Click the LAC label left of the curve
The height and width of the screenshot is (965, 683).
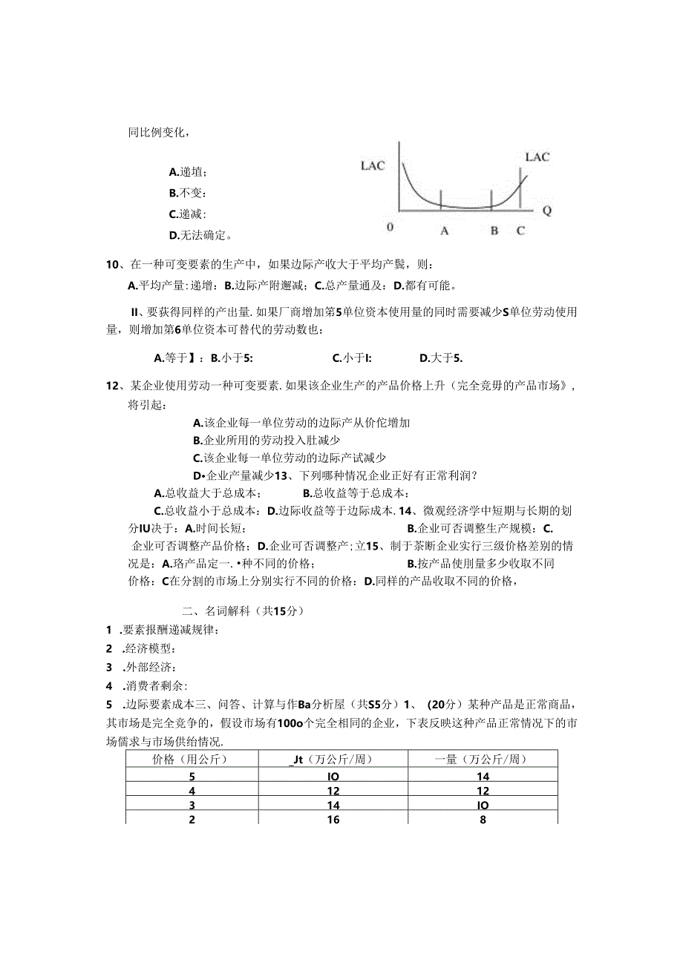pyautogui.click(x=373, y=165)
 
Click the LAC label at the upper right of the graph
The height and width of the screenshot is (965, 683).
pyautogui.click(x=537, y=157)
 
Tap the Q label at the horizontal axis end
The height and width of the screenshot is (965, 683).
pyautogui.click(x=546, y=210)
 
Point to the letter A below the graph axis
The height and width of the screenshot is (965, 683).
pyautogui.click(x=444, y=231)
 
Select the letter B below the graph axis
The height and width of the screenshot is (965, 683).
pyautogui.click(x=494, y=231)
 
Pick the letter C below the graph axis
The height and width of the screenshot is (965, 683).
pyautogui.click(x=520, y=231)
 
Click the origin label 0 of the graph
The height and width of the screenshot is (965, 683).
pyautogui.click(x=390, y=227)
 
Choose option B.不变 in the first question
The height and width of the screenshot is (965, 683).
pyautogui.click(x=187, y=194)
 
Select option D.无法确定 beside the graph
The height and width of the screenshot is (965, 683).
pyautogui.click(x=201, y=236)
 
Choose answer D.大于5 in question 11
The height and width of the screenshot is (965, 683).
pyautogui.click(x=441, y=358)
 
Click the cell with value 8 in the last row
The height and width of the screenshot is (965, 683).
pyautogui.click(x=483, y=818)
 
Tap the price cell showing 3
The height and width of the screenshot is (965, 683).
pyautogui.click(x=192, y=804)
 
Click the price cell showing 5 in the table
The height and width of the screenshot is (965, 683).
pyautogui.click(x=192, y=776)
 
